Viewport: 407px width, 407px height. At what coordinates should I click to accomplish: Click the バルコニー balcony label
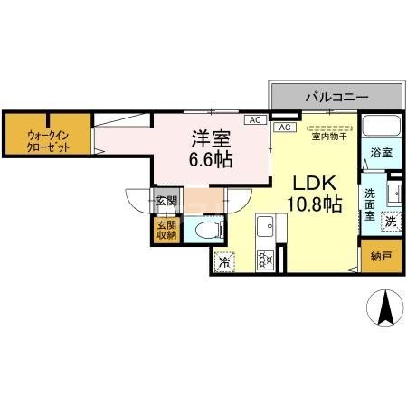336,95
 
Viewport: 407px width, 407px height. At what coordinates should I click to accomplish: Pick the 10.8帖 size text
314,205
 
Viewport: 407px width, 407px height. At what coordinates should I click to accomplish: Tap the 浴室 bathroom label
381,154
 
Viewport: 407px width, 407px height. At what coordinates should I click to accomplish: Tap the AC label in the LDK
285,128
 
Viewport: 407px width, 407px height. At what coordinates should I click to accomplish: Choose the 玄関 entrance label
166,201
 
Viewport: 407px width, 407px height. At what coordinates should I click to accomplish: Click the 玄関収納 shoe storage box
166,230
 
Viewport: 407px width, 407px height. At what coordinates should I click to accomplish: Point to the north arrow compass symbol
385,310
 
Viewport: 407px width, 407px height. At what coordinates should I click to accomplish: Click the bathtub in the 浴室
381,127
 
